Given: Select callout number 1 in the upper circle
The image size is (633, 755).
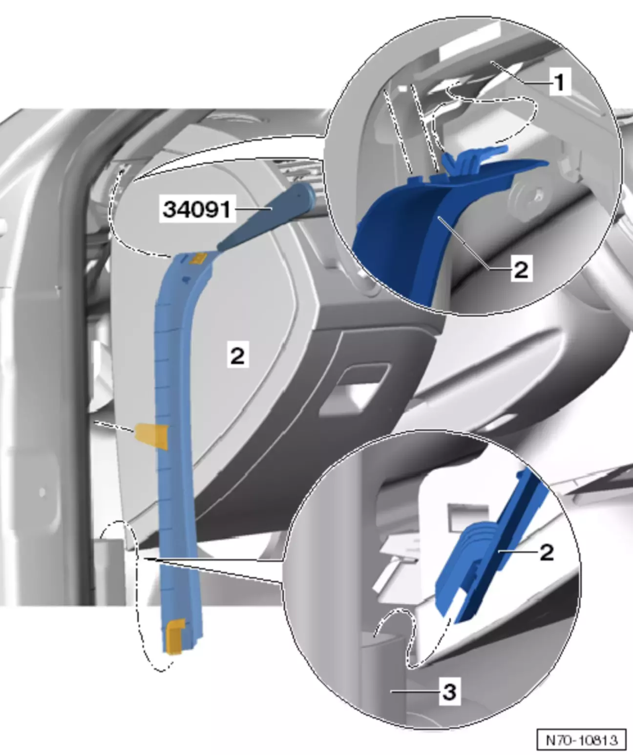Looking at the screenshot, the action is coord(560,82).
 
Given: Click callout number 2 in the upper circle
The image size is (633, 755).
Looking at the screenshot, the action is coord(521,270).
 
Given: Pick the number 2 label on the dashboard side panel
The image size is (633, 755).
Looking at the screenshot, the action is coord(238,356).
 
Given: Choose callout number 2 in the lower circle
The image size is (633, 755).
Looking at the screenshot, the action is coord(547,552).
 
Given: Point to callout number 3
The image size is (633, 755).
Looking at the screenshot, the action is coord(450,692).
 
